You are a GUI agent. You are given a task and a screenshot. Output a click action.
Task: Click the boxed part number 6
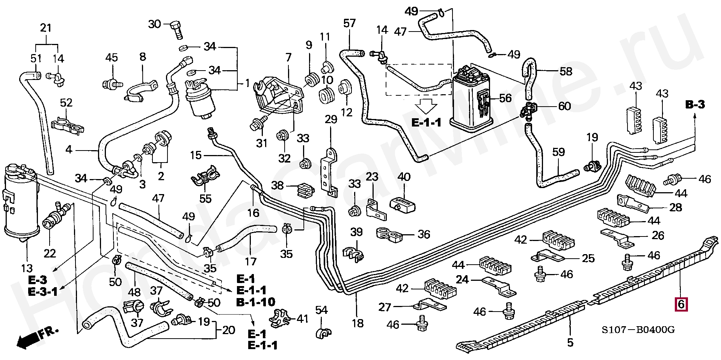click(x=681, y=304)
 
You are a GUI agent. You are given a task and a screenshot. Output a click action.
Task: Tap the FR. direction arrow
click(x=36, y=336)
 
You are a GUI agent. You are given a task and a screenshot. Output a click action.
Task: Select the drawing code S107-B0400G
click(x=638, y=330)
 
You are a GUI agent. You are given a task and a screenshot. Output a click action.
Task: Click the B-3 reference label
click(x=695, y=105)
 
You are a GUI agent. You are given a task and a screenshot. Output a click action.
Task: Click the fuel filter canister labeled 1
click(x=202, y=98)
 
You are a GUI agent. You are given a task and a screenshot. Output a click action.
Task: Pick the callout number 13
click(x=27, y=268)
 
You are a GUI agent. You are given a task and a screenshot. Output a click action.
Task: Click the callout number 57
click(x=349, y=24)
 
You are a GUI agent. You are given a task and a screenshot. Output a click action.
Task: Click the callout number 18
click(x=357, y=323)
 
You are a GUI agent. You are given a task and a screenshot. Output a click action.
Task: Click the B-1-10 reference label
click(x=255, y=301)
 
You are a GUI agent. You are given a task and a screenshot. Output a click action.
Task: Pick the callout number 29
click(x=331, y=120)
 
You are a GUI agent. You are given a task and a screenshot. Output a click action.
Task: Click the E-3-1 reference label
click(x=43, y=291)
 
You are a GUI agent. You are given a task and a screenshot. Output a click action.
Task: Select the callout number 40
click(x=404, y=177)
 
